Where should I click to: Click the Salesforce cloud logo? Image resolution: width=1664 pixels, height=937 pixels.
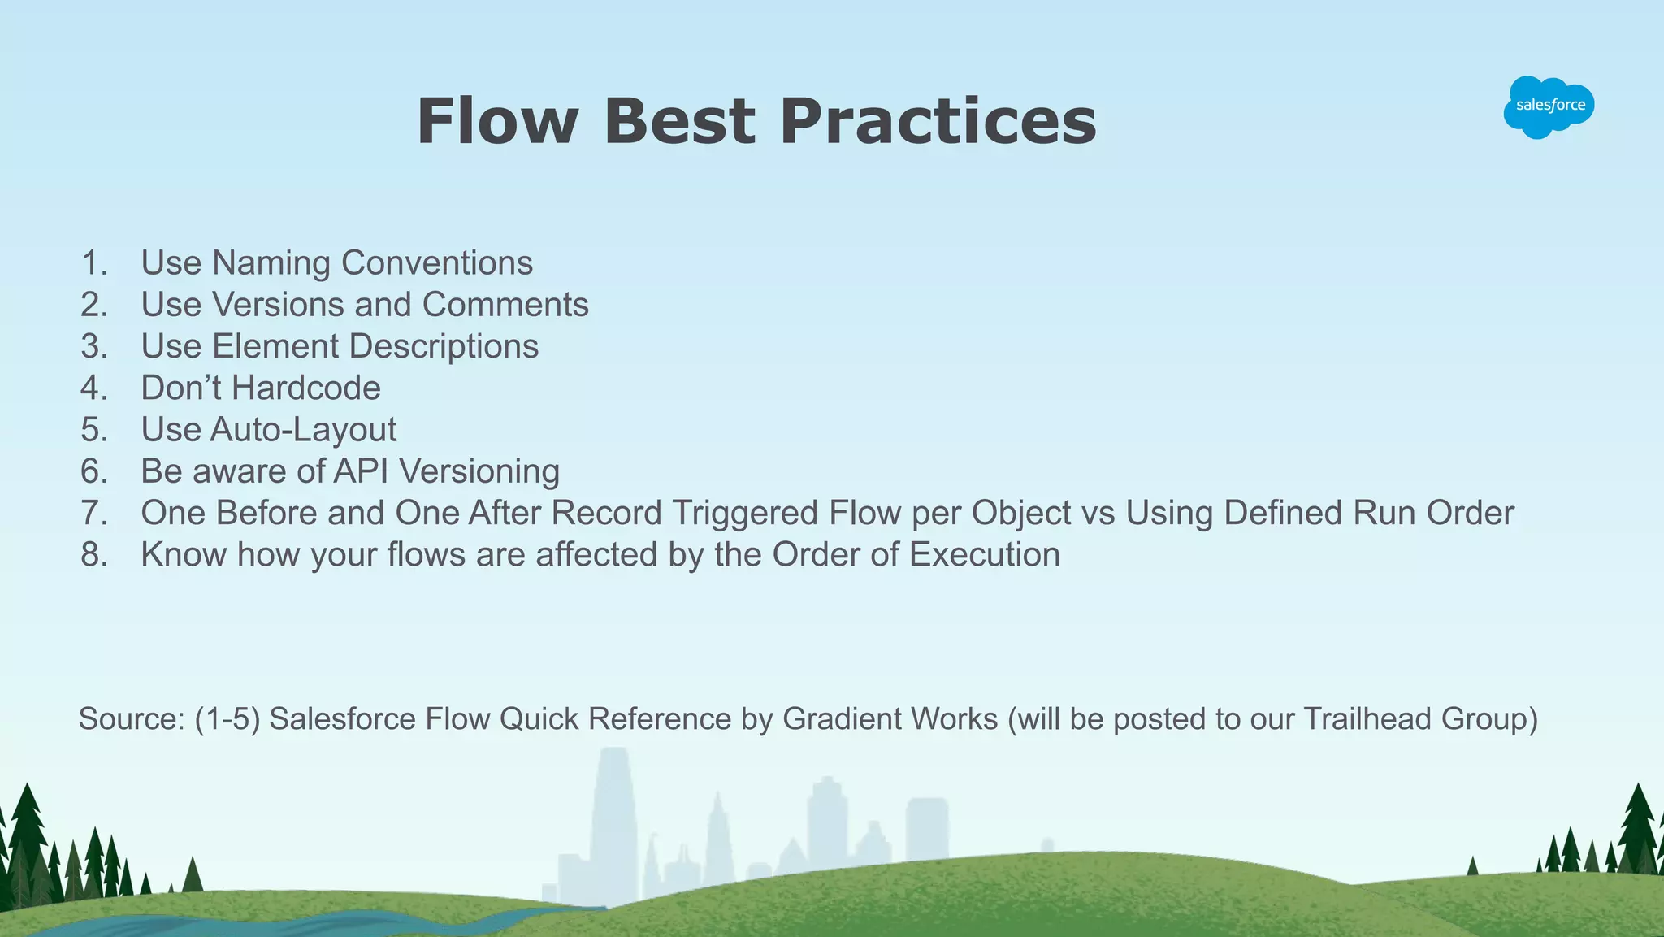[x=1549, y=106]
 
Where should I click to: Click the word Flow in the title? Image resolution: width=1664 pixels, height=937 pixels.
[x=496, y=122]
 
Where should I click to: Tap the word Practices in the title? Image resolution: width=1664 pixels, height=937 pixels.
[x=938, y=122]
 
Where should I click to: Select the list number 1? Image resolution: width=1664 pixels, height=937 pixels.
[x=94, y=263]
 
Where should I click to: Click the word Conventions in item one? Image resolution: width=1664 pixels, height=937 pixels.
[x=436, y=263]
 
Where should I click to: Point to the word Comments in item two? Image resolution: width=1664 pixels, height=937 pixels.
[x=505, y=305]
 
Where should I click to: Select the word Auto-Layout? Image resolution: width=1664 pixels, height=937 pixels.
[x=303, y=430]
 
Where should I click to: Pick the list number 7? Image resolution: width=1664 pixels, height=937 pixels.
[x=94, y=514]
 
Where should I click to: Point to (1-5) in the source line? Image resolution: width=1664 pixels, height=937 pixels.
[x=227, y=719]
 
